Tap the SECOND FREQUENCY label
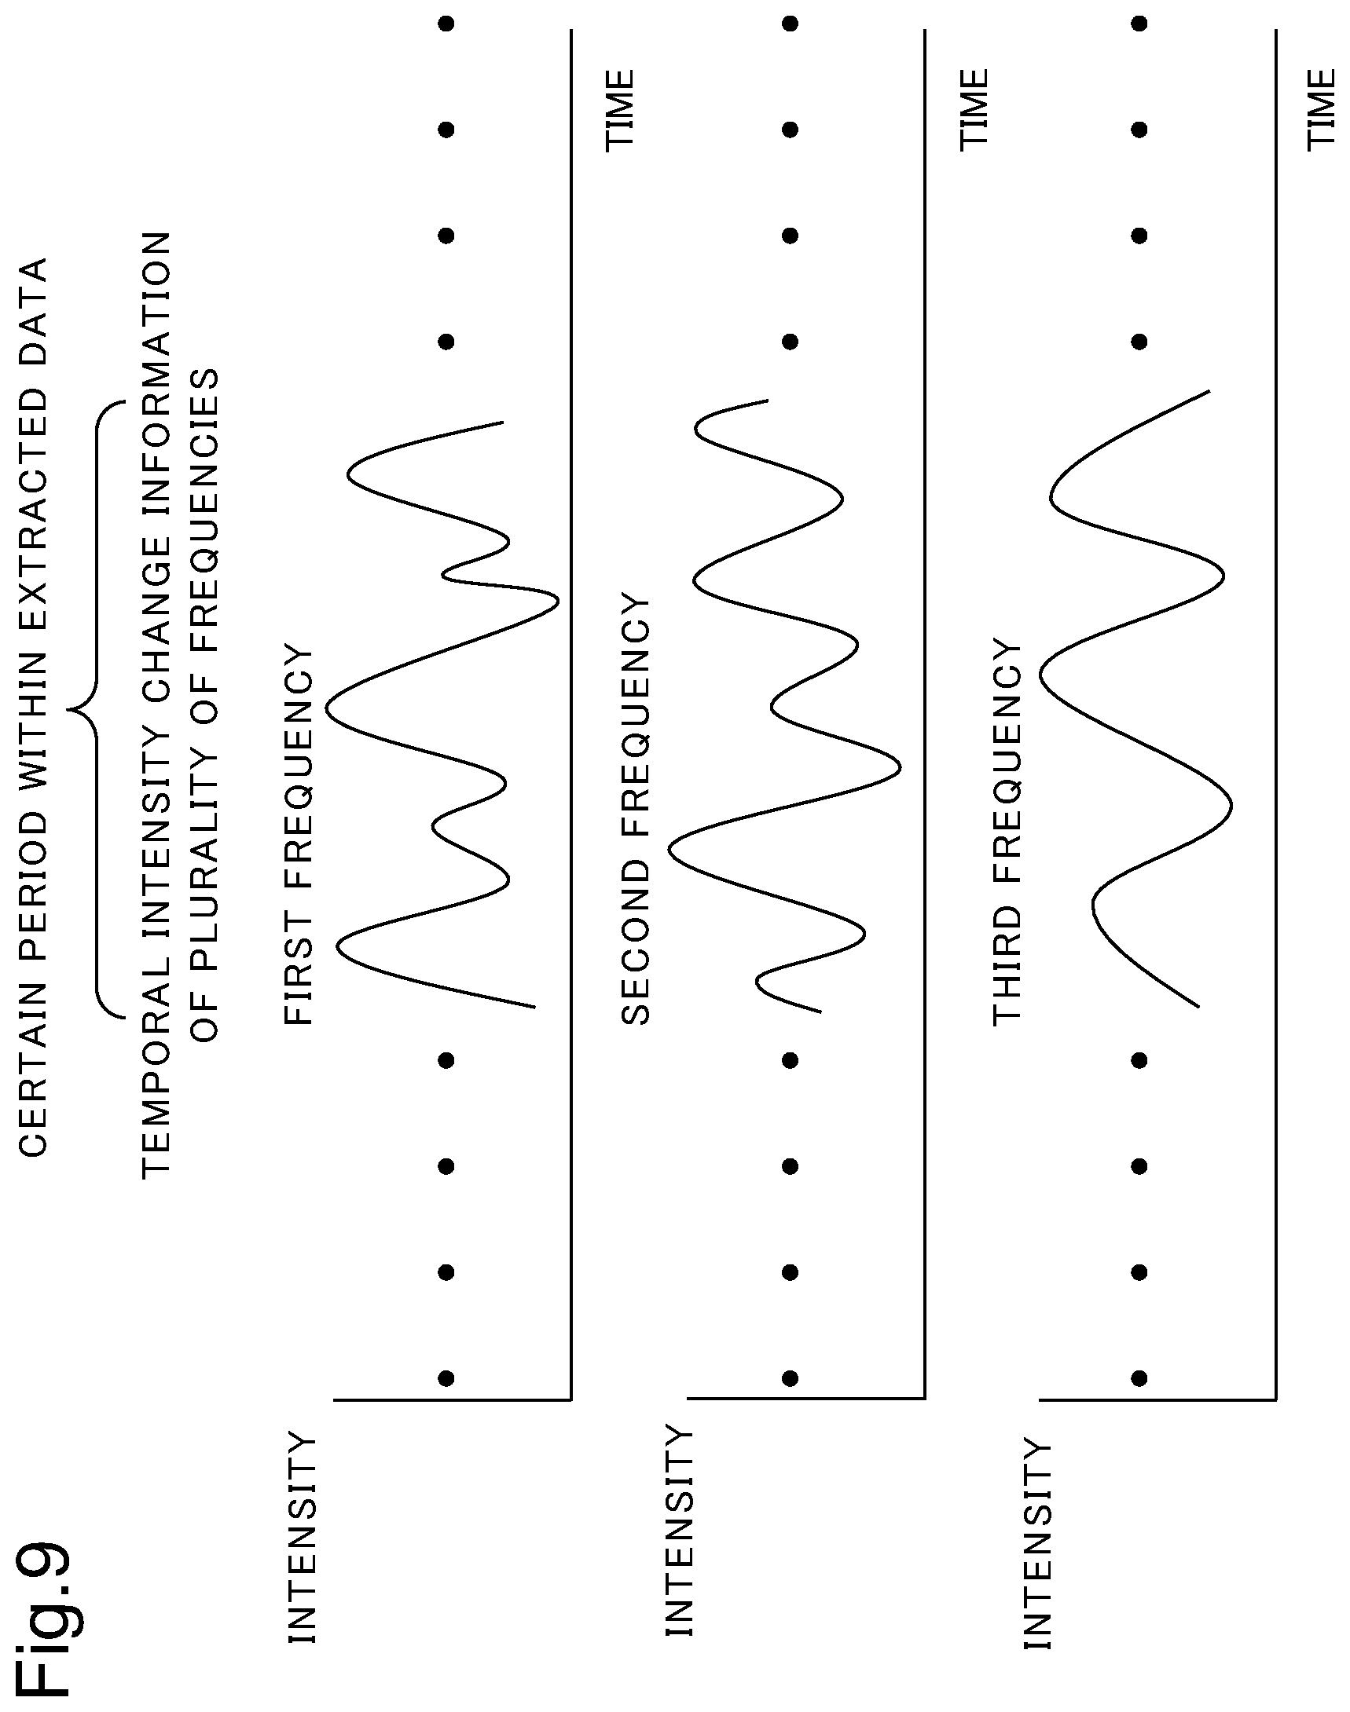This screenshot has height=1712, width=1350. pos(636,810)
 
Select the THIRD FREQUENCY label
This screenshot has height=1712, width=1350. pos(1007,833)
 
